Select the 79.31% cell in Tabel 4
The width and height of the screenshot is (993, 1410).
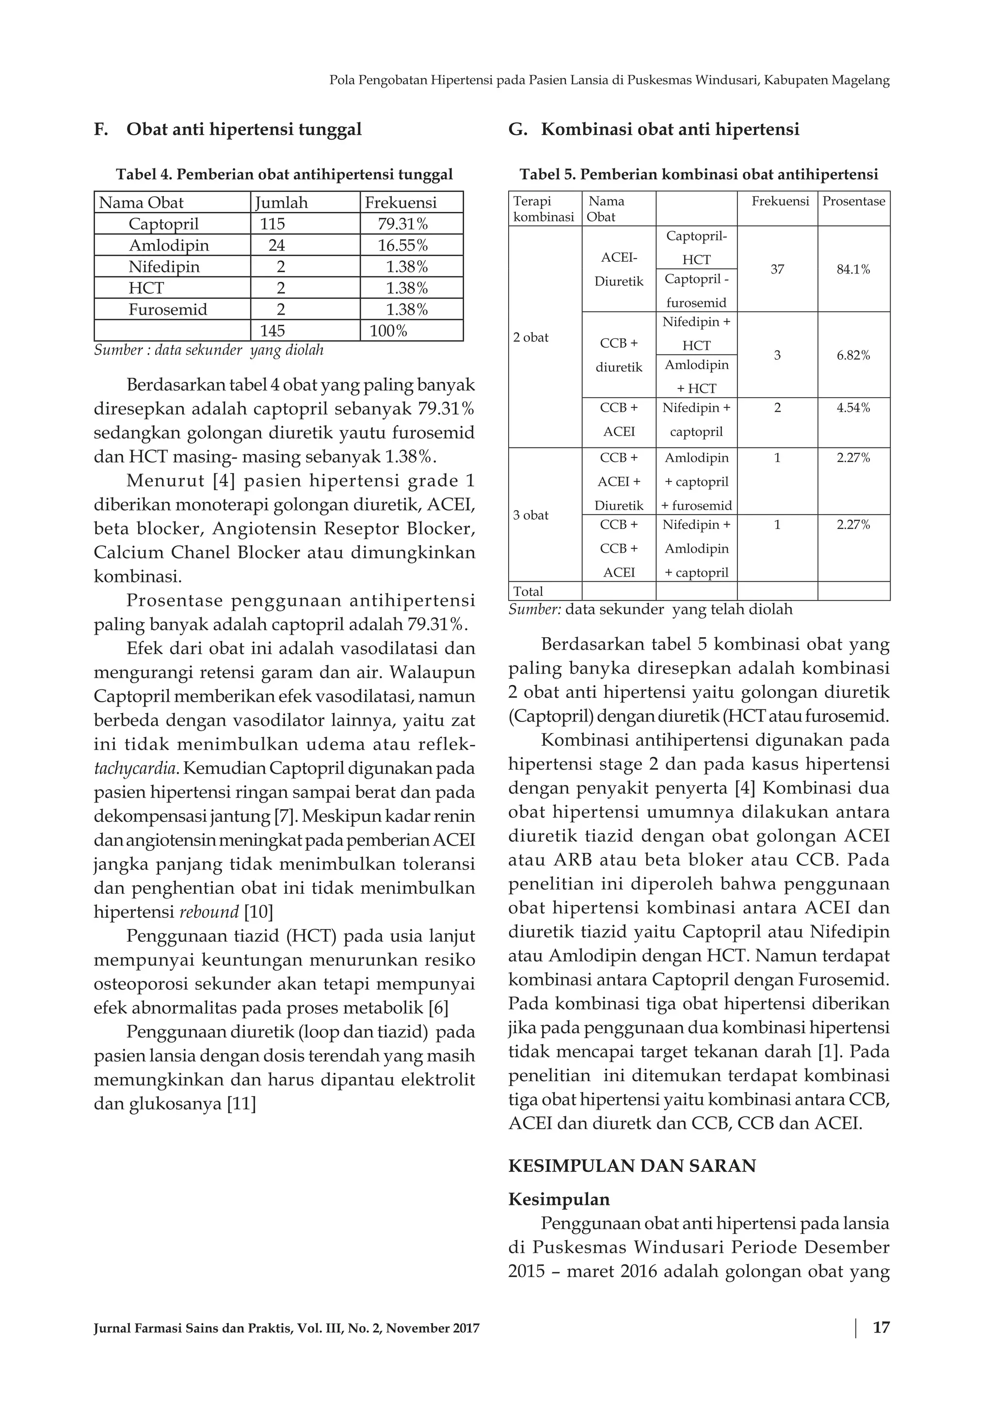pyautogui.click(x=402, y=224)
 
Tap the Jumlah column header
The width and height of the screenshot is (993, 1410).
pyautogui.click(x=281, y=203)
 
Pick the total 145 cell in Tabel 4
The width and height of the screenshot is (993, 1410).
pyautogui.click(x=272, y=331)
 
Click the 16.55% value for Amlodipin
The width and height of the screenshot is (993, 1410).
pyautogui.click(x=402, y=245)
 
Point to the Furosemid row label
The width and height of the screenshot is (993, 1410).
pyautogui.click(x=168, y=309)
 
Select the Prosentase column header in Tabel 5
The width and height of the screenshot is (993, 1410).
pyautogui.click(x=853, y=201)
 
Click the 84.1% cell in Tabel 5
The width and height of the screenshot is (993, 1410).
pyautogui.click(x=853, y=270)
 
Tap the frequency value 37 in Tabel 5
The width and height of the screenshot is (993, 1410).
pyautogui.click(x=777, y=270)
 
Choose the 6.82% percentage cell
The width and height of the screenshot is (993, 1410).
pyautogui.click(x=853, y=355)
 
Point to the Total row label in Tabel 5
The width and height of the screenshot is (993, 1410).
pyautogui.click(x=528, y=592)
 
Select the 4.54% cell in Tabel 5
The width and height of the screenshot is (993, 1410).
pyautogui.click(x=853, y=408)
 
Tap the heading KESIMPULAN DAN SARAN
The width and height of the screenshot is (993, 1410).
pyautogui.click(x=632, y=1166)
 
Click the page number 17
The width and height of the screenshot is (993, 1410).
pyautogui.click(x=881, y=1327)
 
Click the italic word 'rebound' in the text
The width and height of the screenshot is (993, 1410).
pyautogui.click(x=209, y=912)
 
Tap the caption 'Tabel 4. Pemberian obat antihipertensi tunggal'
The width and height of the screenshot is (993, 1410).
pyautogui.click(x=284, y=175)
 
